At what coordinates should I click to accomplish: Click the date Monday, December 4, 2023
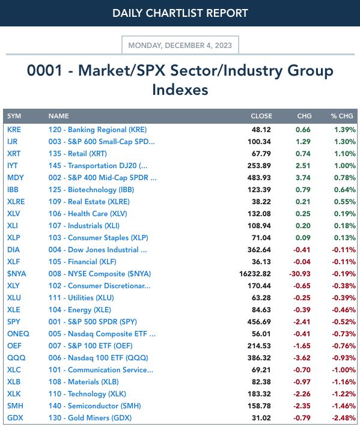click(180, 45)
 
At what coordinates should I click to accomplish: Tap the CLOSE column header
click(261, 116)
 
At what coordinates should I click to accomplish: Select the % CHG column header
click(342, 116)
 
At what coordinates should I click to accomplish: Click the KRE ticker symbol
click(14, 130)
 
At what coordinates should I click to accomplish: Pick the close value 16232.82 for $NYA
click(255, 274)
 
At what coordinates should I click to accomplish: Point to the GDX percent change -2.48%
click(344, 418)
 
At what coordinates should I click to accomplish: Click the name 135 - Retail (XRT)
click(78, 154)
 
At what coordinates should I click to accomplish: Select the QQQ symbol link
click(16, 358)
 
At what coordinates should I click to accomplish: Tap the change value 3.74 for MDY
click(303, 178)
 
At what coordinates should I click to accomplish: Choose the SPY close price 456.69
click(259, 322)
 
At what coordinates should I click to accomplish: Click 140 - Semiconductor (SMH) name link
click(95, 406)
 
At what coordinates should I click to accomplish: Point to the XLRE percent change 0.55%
click(345, 202)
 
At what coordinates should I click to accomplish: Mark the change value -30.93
click(300, 274)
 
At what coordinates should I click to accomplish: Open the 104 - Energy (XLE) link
click(80, 310)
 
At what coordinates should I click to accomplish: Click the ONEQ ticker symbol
click(18, 333)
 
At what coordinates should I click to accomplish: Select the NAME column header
click(58, 116)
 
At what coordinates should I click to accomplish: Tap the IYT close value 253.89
click(259, 166)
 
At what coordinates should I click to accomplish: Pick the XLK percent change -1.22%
click(344, 394)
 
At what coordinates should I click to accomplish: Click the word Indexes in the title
click(180, 89)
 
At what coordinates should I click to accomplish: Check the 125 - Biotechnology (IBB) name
click(91, 190)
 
